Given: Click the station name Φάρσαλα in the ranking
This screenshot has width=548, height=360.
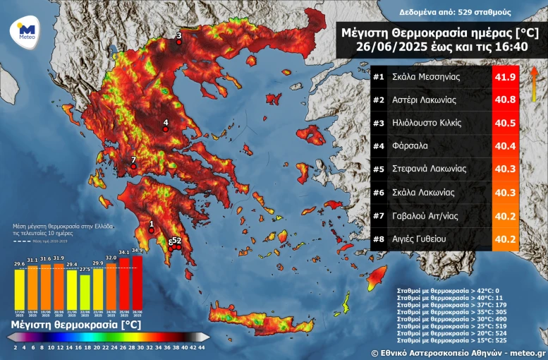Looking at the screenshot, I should [x=412, y=146].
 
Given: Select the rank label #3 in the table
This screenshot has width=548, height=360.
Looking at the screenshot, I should [x=378, y=123].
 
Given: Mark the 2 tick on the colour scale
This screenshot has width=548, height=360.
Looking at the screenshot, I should [x=16, y=347].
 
